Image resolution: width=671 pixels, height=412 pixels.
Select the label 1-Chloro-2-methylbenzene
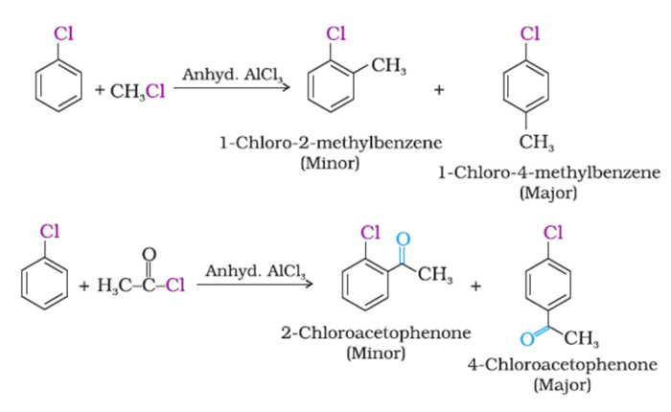[330, 144]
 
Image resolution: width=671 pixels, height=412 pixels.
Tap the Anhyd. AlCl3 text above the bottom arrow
[248, 270]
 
